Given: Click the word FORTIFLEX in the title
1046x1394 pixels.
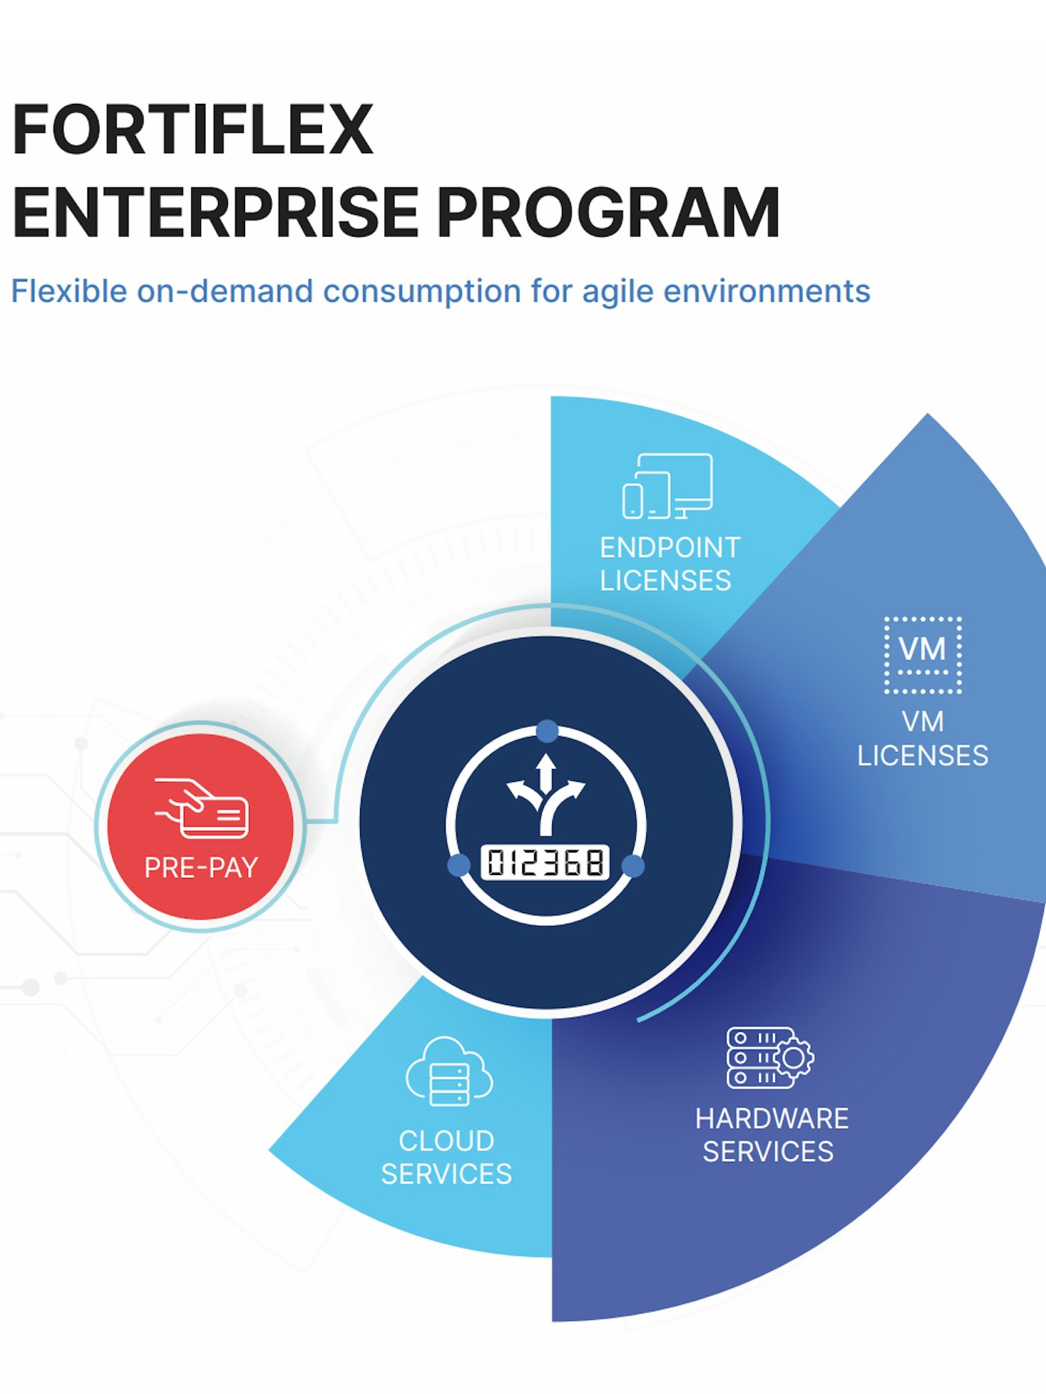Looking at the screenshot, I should point(193,130).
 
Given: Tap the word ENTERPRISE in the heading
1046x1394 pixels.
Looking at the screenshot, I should point(215,213).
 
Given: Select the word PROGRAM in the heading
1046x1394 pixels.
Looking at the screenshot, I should point(609,213).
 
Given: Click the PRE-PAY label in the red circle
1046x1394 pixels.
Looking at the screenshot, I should point(201,868).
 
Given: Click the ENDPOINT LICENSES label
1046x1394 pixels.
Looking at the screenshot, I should point(669,564).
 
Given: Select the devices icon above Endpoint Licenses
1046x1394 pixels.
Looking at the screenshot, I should point(667,486).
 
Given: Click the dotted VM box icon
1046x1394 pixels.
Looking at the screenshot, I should point(923,655).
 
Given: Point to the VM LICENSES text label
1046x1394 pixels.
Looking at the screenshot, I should point(923,738).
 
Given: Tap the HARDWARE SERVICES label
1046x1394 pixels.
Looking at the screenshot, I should point(770,1135).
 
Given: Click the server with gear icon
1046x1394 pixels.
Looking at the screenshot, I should point(770,1057).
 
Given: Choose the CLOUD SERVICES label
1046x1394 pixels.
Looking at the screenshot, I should point(447,1157).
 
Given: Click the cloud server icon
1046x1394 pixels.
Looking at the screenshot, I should point(449,1072).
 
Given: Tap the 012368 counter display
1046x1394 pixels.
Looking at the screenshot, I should point(545,863).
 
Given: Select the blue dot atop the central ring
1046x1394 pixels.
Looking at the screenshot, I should point(547,731).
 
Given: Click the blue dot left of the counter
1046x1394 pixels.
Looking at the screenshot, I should point(459,865).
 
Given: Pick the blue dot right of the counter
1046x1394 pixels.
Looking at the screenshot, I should point(633,866).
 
